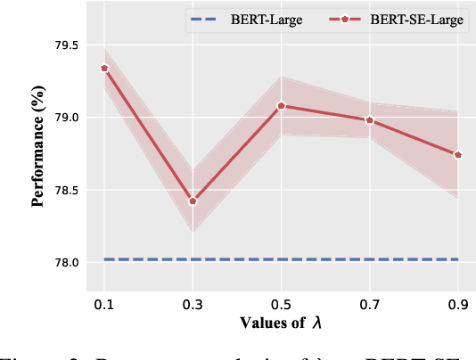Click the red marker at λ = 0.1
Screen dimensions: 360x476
[104, 68]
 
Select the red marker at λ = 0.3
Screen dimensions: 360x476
[193, 200]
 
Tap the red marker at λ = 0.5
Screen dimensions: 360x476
[281, 105]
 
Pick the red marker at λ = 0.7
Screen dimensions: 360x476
[369, 120]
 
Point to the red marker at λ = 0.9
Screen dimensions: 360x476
[458, 154]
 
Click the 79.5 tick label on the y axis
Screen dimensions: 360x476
[68, 45]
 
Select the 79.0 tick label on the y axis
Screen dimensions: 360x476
[68, 118]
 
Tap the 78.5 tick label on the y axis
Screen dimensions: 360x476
[68, 191]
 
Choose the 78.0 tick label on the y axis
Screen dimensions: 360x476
[68, 263]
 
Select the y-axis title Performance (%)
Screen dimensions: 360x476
[38, 153]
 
